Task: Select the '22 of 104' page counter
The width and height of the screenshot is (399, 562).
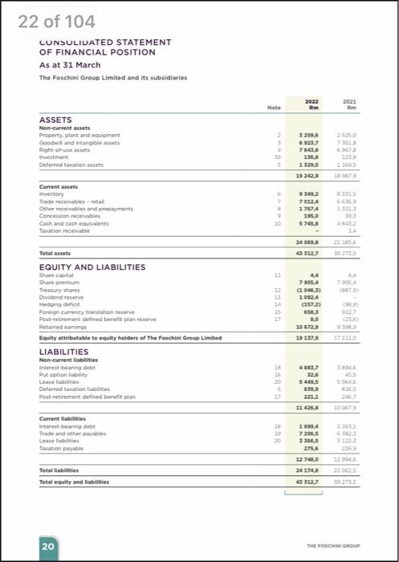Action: tap(56, 20)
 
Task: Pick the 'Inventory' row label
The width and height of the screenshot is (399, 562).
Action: tap(52, 193)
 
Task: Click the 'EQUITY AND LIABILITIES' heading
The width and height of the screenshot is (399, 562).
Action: tap(92, 244)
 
